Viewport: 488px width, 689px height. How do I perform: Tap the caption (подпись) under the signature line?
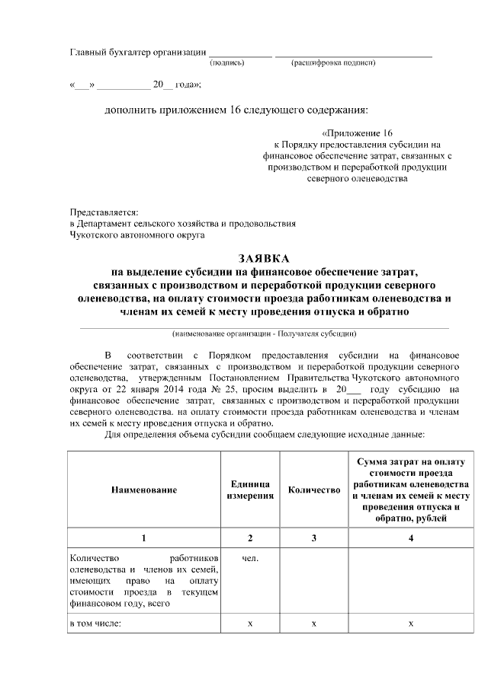pyautogui.click(x=226, y=62)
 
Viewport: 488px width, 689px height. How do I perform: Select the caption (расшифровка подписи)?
pyautogui.click(x=333, y=62)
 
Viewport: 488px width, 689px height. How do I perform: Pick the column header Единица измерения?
pyautogui.click(x=249, y=490)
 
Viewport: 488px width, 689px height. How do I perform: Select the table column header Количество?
pyautogui.click(x=313, y=490)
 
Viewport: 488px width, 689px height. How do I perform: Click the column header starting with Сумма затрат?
pyautogui.click(x=411, y=490)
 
